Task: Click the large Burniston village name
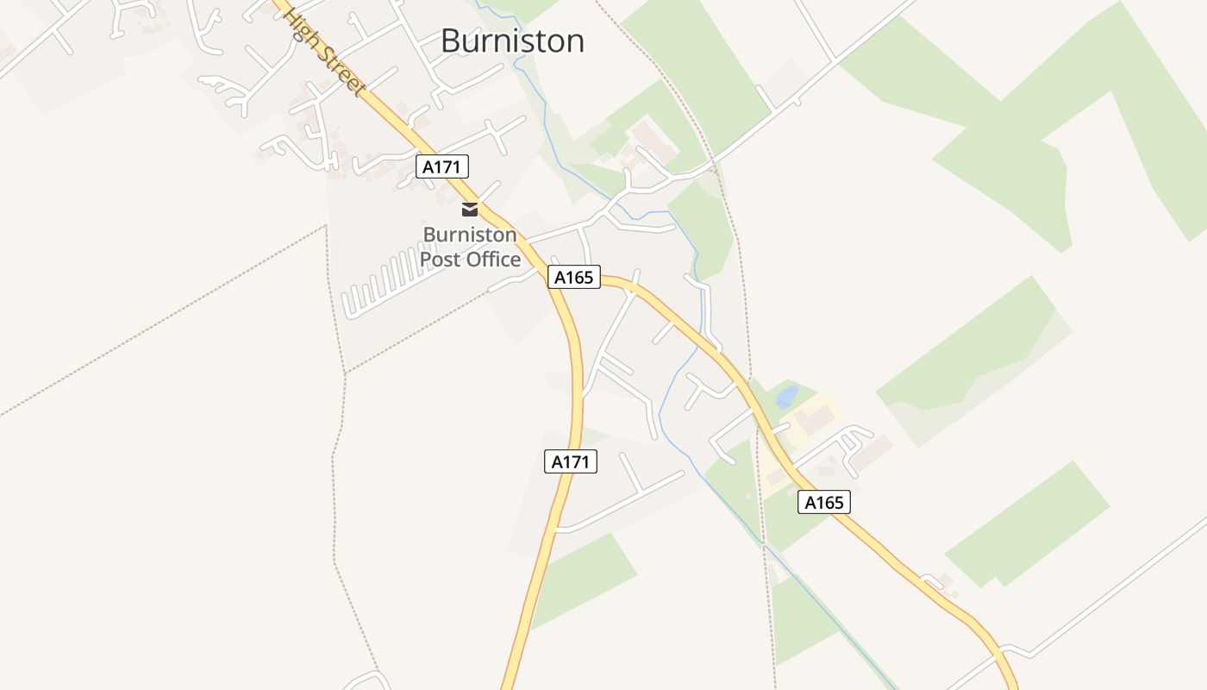pyautogui.click(x=512, y=41)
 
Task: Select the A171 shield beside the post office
pyautogui.click(x=442, y=166)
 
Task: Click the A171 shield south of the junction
pyautogui.click(x=570, y=461)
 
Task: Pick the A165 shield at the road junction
pyautogui.click(x=573, y=277)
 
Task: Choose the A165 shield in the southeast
pyautogui.click(x=823, y=502)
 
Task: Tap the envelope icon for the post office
pyautogui.click(x=470, y=209)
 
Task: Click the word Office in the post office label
pyautogui.click(x=494, y=259)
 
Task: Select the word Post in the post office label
pyautogui.click(x=441, y=259)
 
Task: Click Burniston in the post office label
pyautogui.click(x=470, y=235)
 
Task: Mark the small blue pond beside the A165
pyautogui.click(x=786, y=397)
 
